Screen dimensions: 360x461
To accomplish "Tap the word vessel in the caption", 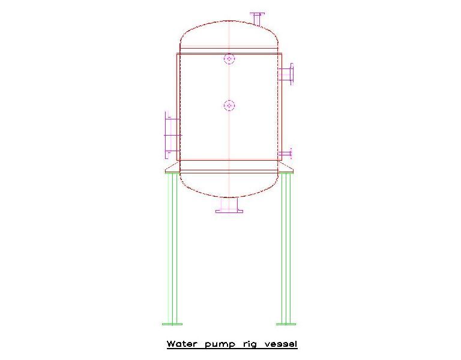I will pos(281,344).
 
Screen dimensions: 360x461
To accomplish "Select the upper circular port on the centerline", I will pos(229,59).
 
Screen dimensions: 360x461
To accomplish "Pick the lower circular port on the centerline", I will pos(229,106).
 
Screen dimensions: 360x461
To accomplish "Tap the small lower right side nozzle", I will pos(286,154).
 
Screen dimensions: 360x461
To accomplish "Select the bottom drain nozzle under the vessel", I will pos(229,205).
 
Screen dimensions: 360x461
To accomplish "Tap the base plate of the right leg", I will pos(286,323).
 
